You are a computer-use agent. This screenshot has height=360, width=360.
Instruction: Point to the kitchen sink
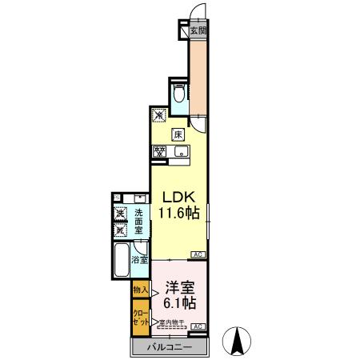(182, 150)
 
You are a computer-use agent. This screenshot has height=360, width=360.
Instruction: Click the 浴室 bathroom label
(138, 260)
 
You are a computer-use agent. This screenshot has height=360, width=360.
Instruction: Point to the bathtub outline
(122, 259)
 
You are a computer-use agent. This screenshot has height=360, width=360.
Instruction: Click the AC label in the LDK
(197, 255)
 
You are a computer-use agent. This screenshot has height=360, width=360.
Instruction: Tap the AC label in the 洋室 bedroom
(197, 326)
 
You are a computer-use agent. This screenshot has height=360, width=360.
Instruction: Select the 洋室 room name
(180, 286)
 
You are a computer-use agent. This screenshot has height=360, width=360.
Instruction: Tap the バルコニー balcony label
(170, 346)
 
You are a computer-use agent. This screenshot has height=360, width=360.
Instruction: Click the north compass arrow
(237, 340)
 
